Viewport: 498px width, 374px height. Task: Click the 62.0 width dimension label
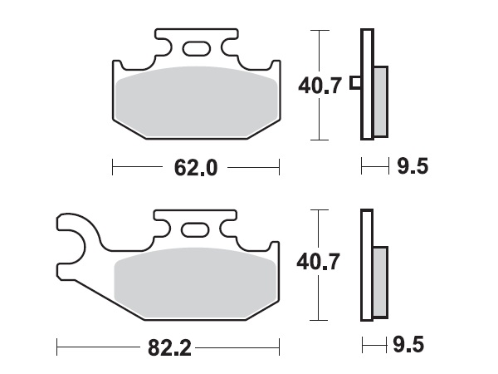tap(196, 169)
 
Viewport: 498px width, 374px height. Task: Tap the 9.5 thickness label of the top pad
tap(413, 168)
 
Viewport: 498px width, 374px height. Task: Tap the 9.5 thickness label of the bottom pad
tap(413, 344)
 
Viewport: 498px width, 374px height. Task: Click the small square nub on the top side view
tap(355, 83)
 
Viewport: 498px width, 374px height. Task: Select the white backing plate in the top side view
tap(365, 83)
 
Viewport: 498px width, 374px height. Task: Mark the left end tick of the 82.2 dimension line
tap(56, 344)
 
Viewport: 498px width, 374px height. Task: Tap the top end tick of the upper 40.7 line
tap(316, 30)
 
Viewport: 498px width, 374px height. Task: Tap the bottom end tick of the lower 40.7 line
tap(316, 320)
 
